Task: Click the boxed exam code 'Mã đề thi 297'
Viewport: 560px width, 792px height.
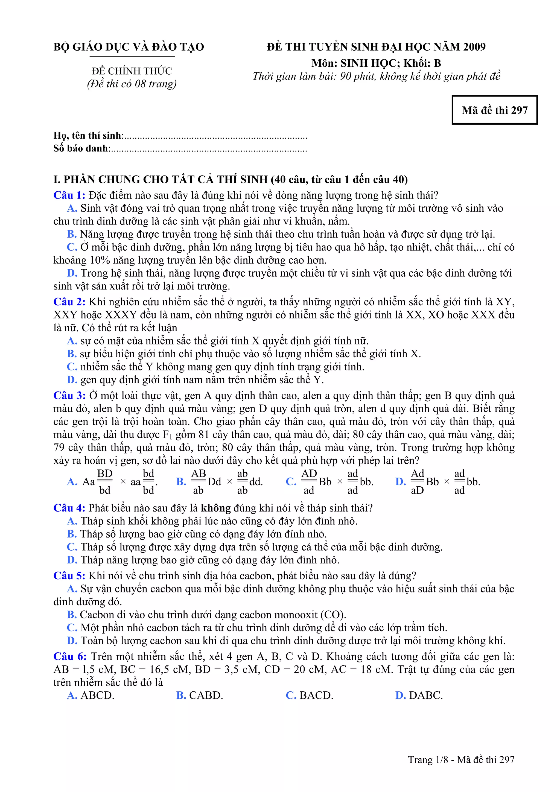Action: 494,110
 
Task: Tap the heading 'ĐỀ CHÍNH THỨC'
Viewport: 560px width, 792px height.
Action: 132,71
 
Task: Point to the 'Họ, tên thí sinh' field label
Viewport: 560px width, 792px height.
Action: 87,136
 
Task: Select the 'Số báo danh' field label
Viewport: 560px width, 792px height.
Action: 81,148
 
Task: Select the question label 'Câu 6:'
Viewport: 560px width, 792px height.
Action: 70,656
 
